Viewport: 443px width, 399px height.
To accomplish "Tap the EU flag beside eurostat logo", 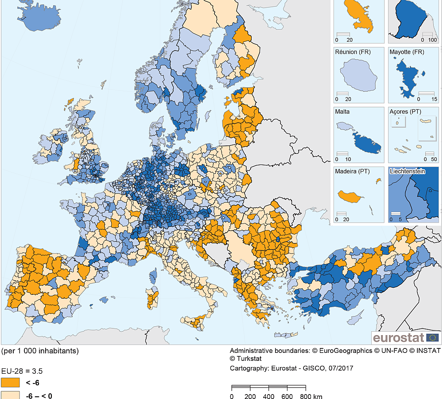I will click(x=433, y=338).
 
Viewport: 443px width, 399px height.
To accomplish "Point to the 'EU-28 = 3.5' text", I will click(x=22, y=371).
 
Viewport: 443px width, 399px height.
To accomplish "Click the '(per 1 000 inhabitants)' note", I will click(x=40, y=351).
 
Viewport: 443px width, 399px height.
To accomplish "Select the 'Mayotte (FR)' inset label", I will click(x=407, y=52).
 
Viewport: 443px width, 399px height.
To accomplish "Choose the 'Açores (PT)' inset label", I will click(x=405, y=112).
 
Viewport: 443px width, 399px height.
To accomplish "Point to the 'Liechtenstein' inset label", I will click(x=407, y=171).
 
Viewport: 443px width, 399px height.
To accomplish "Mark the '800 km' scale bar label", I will click(x=312, y=396).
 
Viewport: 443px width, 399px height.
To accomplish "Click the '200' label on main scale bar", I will click(x=250, y=396).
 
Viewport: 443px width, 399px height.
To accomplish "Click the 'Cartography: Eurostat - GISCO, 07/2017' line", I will click(x=291, y=368).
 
